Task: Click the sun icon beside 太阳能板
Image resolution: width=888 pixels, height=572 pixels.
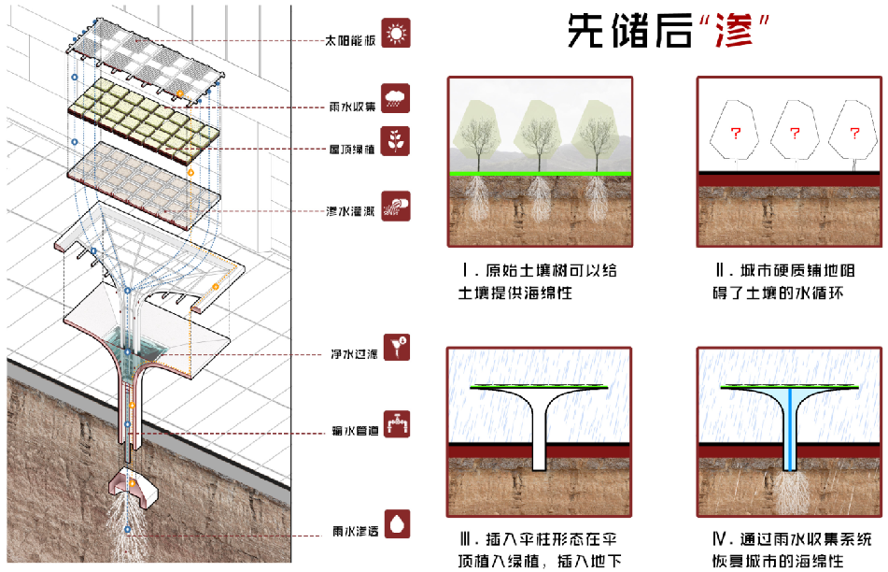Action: point(397,36)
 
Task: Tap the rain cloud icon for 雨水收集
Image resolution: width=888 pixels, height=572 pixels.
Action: point(397,96)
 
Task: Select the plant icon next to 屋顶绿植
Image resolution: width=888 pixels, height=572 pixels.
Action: point(397,142)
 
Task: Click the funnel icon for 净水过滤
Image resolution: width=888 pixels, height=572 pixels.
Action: point(397,348)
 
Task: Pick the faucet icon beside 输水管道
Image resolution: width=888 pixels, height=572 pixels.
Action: point(397,425)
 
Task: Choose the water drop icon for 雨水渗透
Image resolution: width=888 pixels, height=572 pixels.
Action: point(397,523)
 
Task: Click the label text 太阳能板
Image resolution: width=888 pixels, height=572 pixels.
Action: point(349,41)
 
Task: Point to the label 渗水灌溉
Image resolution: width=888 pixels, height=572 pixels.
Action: point(349,209)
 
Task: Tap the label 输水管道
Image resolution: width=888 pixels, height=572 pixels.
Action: point(350,432)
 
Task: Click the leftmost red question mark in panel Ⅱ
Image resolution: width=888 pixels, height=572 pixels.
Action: point(734,134)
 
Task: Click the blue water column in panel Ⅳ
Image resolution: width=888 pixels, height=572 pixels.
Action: point(789,425)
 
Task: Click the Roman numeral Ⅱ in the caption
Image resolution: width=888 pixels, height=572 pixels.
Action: point(719,271)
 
